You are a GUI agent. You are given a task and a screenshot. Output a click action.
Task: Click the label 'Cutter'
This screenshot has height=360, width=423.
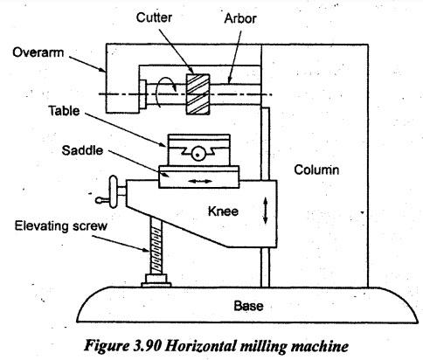[154, 17]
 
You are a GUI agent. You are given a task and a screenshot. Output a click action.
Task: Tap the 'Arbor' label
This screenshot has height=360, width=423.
[240, 18]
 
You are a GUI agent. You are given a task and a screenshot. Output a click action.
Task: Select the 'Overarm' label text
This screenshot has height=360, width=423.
[38, 52]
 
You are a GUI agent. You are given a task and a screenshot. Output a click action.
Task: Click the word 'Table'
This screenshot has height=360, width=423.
[64, 111]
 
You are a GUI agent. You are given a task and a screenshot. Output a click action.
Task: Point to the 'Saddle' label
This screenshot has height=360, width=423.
[82, 150]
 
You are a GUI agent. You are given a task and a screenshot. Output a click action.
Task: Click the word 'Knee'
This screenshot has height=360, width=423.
[223, 211]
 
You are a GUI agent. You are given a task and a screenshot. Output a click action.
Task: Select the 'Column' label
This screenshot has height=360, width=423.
[316, 170]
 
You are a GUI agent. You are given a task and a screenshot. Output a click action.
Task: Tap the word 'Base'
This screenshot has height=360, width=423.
[248, 306]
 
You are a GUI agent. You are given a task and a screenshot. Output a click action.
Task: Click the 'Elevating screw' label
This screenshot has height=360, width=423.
[61, 226]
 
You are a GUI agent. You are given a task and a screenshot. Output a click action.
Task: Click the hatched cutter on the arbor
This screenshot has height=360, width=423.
[198, 94]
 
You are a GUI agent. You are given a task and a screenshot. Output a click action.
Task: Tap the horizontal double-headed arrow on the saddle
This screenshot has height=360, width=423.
[199, 182]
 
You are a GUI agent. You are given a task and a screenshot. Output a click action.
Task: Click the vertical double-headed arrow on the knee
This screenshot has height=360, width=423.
[265, 211]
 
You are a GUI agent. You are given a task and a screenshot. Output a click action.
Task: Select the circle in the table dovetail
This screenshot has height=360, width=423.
[198, 154]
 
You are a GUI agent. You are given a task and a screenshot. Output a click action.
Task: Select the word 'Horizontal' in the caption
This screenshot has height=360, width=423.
[201, 346]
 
